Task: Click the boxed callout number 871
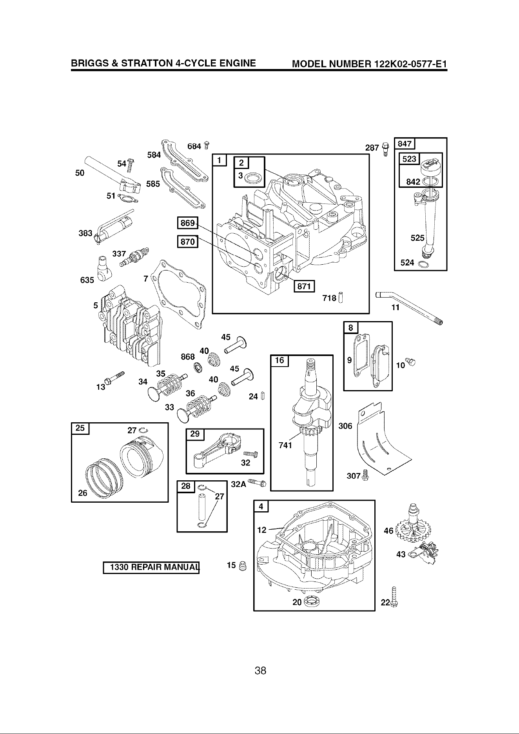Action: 304,287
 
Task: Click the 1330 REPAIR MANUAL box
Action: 151,567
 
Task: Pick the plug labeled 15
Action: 243,566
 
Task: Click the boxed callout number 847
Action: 405,144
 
